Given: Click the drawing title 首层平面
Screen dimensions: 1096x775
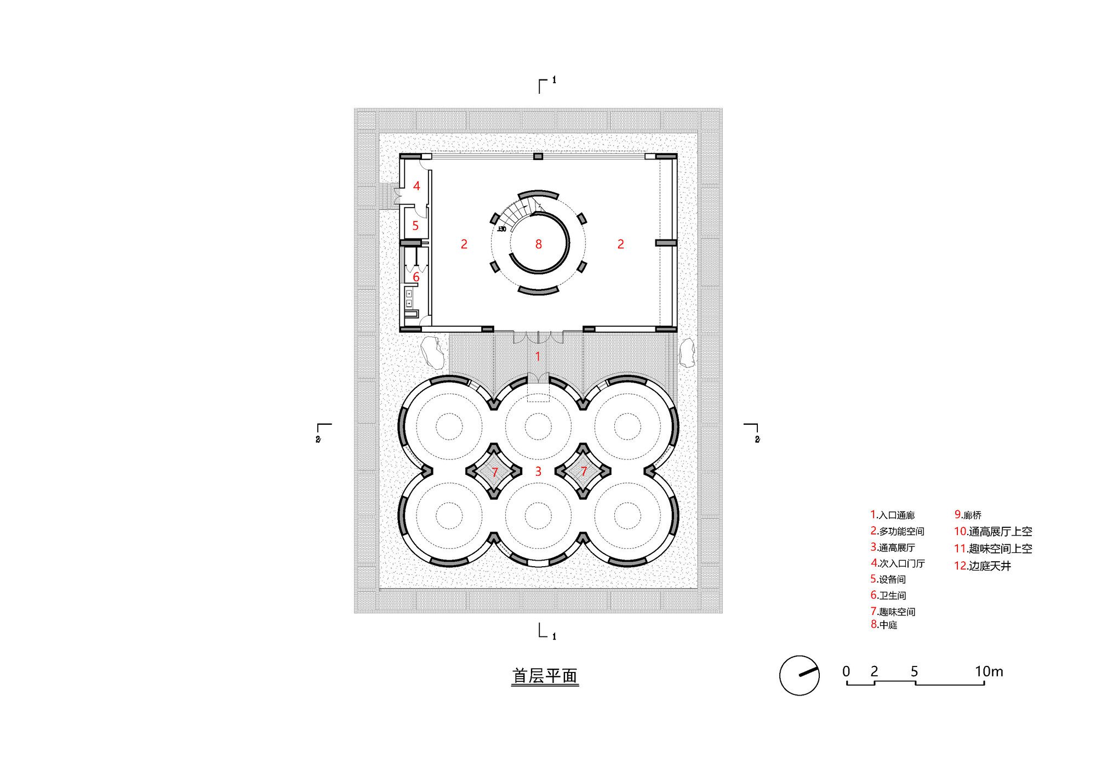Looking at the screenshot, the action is pyautogui.click(x=545, y=676).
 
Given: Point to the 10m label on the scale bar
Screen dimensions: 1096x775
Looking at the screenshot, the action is pyautogui.click(x=989, y=671).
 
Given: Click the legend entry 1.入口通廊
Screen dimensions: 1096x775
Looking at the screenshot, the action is pyautogui.click(x=893, y=515).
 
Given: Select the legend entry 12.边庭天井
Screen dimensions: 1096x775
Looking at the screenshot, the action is pyautogui.click(x=983, y=566).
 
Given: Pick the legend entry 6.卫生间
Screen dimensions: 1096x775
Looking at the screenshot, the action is pyautogui.click(x=888, y=595).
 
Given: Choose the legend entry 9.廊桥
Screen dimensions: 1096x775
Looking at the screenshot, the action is pyautogui.click(x=968, y=515).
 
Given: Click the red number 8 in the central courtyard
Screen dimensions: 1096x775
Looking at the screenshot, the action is pyautogui.click(x=539, y=244).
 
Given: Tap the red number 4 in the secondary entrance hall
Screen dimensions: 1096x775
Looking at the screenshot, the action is pyautogui.click(x=416, y=186).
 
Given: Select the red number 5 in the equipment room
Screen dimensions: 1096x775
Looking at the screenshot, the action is pyautogui.click(x=415, y=225).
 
